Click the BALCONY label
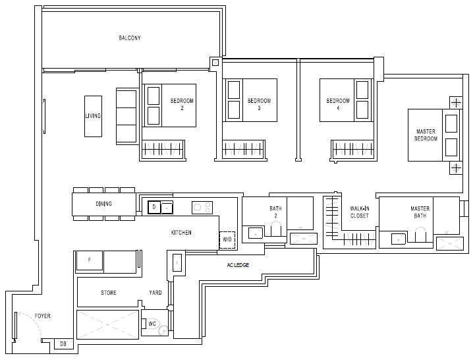click(x=130, y=38)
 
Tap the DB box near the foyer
click(x=64, y=344)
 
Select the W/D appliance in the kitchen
click(x=227, y=240)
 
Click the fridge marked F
click(x=90, y=260)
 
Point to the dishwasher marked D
click(x=154, y=208)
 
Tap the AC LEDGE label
click(x=238, y=265)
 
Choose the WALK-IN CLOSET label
click(x=360, y=212)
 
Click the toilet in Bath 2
click(x=275, y=229)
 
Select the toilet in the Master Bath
click(x=420, y=235)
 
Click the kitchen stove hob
click(x=202, y=208)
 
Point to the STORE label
click(x=109, y=293)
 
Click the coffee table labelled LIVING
click(x=93, y=116)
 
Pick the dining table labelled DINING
click(x=104, y=204)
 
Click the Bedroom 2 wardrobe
click(x=163, y=149)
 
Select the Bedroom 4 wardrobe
click(x=352, y=149)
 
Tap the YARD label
click(x=155, y=293)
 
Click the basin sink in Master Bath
click(x=399, y=239)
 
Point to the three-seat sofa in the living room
click(x=126, y=116)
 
